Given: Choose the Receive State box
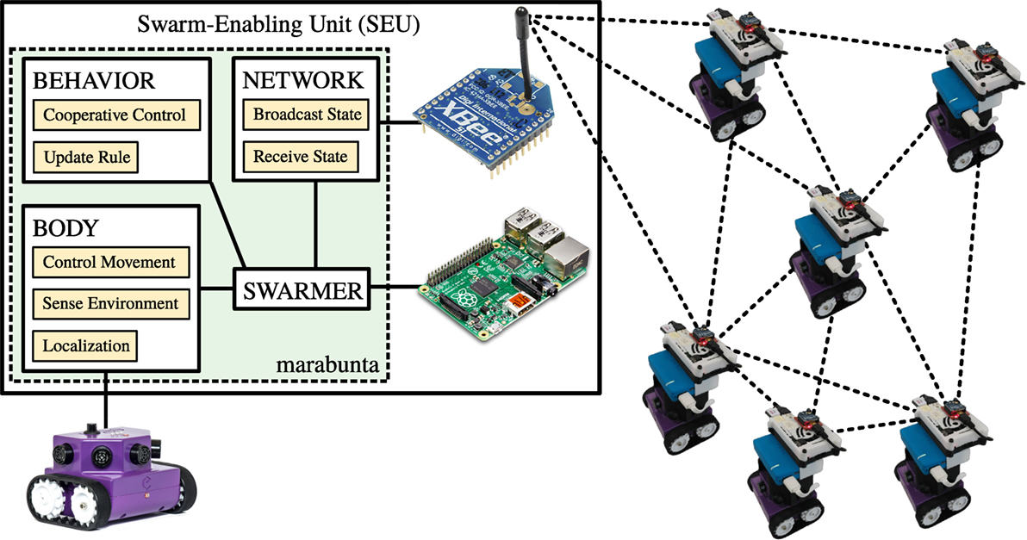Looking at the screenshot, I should pyautogui.click(x=296, y=157).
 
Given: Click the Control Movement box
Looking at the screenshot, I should pyautogui.click(x=109, y=261).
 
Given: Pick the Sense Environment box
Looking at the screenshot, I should pyautogui.click(x=109, y=303).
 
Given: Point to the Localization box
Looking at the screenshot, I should pyautogui.click(x=85, y=346).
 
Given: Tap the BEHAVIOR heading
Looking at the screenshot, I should pyautogui.click(x=93, y=81).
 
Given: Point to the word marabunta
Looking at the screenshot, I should pyautogui.click(x=327, y=366).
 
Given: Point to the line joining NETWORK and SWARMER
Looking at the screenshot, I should pyautogui.click(x=317, y=226).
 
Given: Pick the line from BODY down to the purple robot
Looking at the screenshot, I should pyautogui.click(x=106, y=400).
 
